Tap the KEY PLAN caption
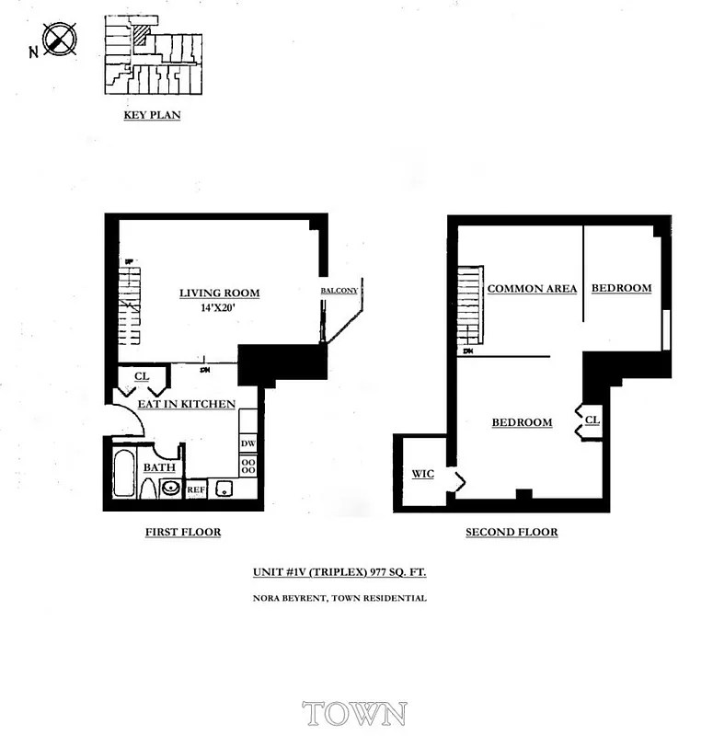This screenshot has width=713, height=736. click(152, 116)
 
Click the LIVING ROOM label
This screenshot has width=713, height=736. click(219, 293)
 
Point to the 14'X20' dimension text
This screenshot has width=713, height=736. click(218, 309)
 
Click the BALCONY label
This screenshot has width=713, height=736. click(339, 291)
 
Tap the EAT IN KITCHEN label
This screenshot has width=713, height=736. click(186, 404)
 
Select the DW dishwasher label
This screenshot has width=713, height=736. click(247, 443)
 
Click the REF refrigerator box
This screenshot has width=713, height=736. click(195, 490)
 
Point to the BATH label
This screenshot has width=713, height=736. click(158, 467)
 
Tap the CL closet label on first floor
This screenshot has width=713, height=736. click(142, 375)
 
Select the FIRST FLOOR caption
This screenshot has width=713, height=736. click(183, 532)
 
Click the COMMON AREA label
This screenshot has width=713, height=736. click(532, 289)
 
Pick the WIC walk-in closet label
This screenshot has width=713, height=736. click(422, 474)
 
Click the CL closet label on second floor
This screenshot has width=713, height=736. click(592, 419)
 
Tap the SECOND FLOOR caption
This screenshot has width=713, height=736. click(512, 532)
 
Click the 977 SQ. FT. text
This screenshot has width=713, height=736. click(398, 571)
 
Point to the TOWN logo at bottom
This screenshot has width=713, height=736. click(354, 713)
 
